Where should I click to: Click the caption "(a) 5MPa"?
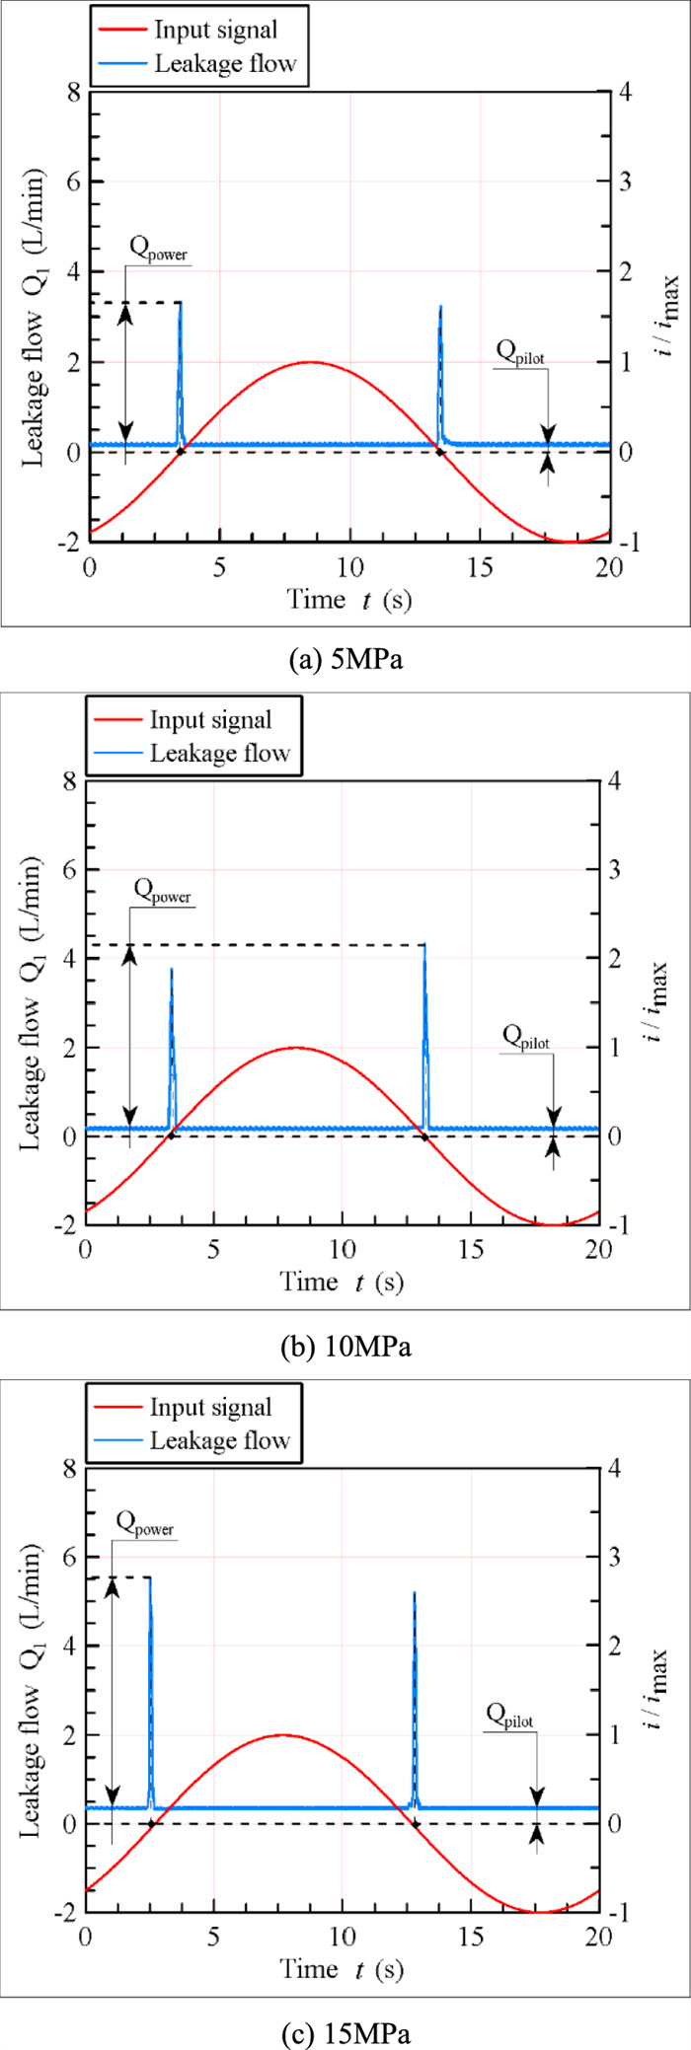(x=345, y=660)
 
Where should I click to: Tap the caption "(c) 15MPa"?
(x=345, y=2031)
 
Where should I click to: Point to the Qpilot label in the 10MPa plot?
(x=526, y=1037)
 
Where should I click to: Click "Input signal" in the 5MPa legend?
(x=215, y=30)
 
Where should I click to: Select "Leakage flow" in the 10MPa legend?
(x=219, y=754)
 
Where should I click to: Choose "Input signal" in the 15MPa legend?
(x=210, y=1407)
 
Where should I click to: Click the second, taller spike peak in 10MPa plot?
(x=425, y=946)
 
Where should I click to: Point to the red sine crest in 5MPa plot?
(x=310, y=362)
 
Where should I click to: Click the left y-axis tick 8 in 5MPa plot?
(x=72, y=92)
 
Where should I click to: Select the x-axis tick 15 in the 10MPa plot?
(x=471, y=1248)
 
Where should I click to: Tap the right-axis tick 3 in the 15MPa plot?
(x=614, y=1557)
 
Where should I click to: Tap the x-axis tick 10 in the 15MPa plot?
(x=343, y=1936)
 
